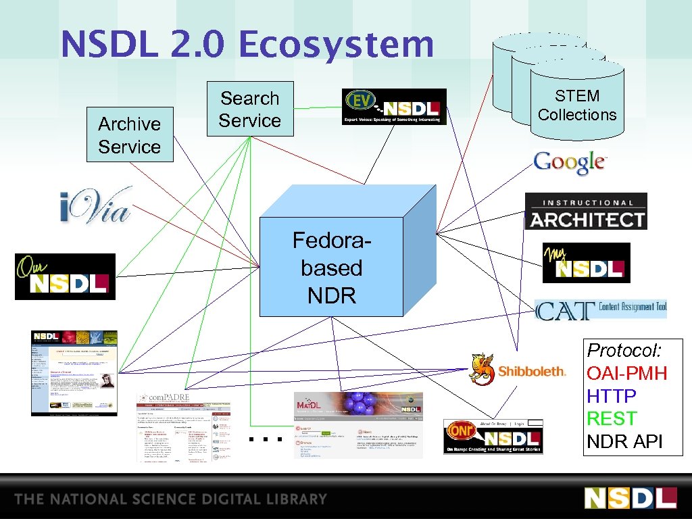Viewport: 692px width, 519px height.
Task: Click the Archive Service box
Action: (129, 134)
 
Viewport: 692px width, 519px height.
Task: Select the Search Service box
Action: (250, 109)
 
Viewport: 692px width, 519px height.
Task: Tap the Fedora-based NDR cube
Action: (331, 268)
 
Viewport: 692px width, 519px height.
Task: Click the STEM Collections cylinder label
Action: (577, 105)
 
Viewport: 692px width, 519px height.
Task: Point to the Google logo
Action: (570, 162)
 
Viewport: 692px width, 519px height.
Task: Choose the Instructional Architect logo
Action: (586, 212)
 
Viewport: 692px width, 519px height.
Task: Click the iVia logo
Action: (95, 205)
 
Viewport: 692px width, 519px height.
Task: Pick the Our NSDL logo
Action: (65, 276)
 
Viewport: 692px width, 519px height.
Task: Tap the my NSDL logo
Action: (586, 263)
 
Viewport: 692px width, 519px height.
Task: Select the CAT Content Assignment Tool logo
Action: (601, 310)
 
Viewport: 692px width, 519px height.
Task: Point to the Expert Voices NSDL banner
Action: (394, 107)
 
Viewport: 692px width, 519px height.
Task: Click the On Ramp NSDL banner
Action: (493, 437)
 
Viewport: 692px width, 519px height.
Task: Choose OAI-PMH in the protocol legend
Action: (626, 373)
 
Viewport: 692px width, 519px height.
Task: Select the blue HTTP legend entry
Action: (612, 396)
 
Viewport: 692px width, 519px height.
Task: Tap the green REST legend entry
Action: (612, 419)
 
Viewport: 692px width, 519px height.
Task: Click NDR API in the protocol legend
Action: (625, 442)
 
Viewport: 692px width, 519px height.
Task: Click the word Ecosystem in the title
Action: (336, 45)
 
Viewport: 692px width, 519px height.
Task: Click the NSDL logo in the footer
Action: (630, 497)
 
